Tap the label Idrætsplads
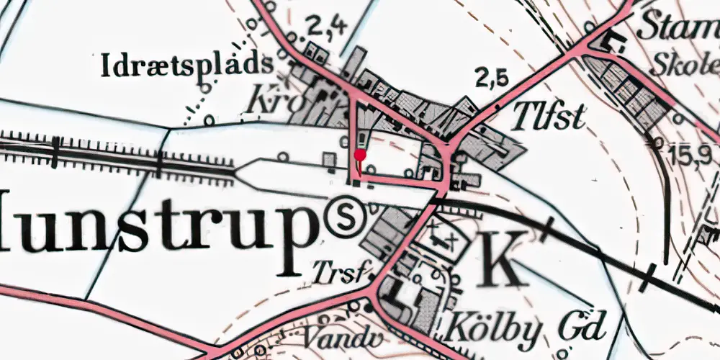(187, 66)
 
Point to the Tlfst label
(549, 117)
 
